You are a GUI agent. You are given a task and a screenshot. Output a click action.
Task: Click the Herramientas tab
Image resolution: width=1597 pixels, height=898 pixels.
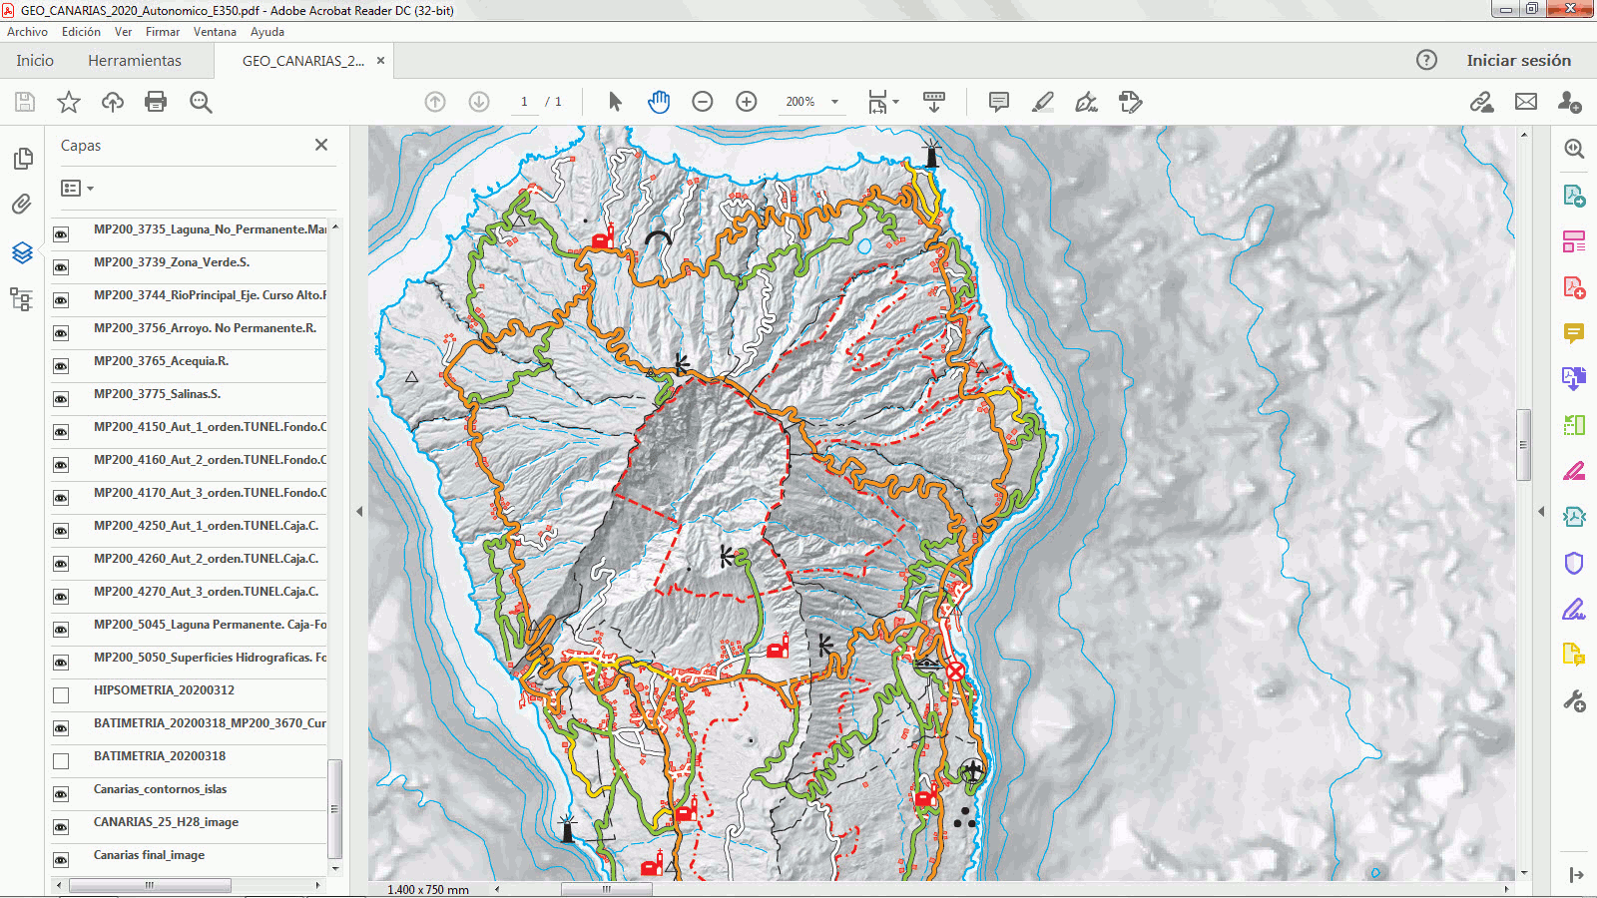pyautogui.click(x=135, y=61)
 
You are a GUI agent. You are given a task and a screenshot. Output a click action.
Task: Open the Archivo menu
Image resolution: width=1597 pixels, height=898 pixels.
pyautogui.click(x=27, y=32)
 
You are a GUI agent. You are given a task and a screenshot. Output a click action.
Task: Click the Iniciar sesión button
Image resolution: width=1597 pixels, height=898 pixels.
pyautogui.click(x=1518, y=61)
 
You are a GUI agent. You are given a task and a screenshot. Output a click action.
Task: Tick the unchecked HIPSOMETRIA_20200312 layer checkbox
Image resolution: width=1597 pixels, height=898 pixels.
pyautogui.click(x=61, y=694)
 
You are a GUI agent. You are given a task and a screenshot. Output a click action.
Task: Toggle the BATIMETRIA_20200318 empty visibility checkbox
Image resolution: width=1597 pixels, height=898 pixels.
pyautogui.click(x=61, y=761)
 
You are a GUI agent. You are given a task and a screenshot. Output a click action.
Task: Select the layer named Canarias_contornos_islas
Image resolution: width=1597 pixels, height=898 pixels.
pyautogui.click(x=160, y=789)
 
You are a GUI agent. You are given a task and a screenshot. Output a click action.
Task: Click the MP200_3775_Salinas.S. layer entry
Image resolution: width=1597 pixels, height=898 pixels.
pyautogui.click(x=157, y=394)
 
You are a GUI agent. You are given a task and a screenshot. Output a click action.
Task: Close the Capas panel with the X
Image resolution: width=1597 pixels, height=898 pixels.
pyautogui.click(x=321, y=145)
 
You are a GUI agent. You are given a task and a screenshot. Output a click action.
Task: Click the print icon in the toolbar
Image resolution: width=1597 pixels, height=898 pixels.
pyautogui.click(x=156, y=102)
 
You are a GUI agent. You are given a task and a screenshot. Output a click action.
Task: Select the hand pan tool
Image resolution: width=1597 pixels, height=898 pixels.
pyautogui.click(x=659, y=102)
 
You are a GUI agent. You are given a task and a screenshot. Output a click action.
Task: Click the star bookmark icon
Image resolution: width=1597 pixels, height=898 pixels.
pyautogui.click(x=69, y=102)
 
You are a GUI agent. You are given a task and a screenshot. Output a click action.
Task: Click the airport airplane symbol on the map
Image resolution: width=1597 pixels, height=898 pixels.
pyautogui.click(x=972, y=770)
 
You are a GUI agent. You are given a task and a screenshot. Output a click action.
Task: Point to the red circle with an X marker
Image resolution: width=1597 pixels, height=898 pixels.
pyautogui.click(x=955, y=672)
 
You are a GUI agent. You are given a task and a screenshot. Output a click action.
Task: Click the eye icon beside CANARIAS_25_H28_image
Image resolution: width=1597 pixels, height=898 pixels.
pyautogui.click(x=61, y=827)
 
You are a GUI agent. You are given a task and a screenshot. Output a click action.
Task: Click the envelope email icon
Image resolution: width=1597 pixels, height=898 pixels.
pyautogui.click(x=1525, y=102)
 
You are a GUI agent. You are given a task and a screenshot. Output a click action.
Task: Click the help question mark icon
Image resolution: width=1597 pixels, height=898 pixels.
pyautogui.click(x=1426, y=60)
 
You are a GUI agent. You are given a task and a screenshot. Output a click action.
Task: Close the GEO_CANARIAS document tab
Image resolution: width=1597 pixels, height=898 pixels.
pyautogui.click(x=380, y=61)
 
